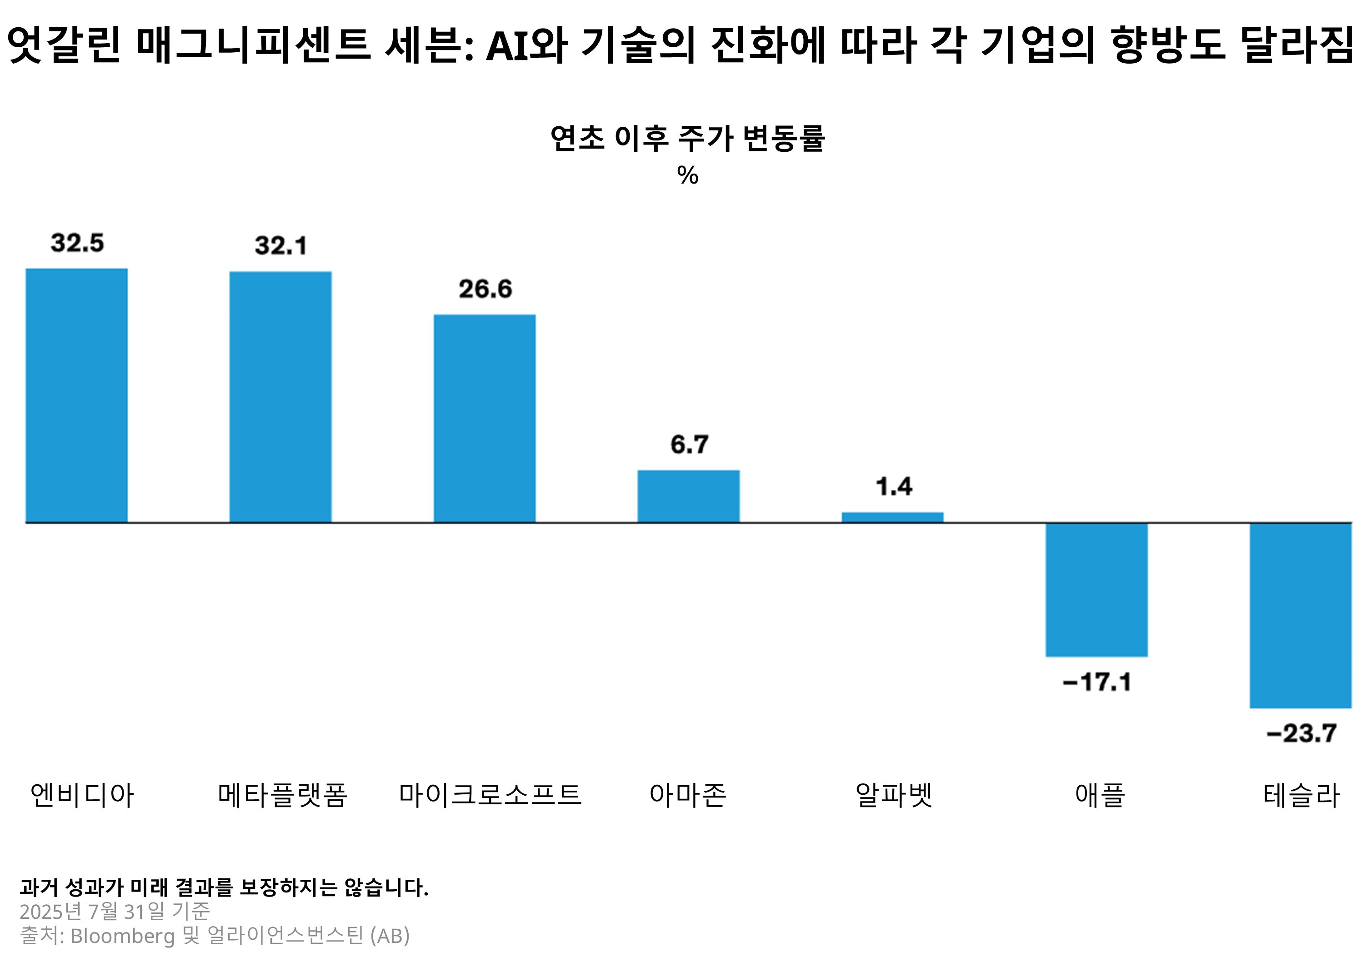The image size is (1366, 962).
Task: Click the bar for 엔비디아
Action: pyautogui.click(x=76, y=395)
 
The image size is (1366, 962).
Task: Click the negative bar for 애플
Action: pyautogui.click(x=1096, y=590)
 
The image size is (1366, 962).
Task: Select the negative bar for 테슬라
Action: pyautogui.click(x=1301, y=615)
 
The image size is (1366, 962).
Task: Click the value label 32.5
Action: pyautogui.click(x=77, y=243)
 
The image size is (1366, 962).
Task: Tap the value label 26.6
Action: pyautogui.click(x=485, y=289)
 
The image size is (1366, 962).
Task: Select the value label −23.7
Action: pyautogui.click(x=1301, y=733)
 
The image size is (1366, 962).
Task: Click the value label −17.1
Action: pyautogui.click(x=1096, y=682)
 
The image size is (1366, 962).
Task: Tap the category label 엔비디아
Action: pyautogui.click(x=82, y=795)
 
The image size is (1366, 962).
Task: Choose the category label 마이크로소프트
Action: pyautogui.click(x=490, y=795)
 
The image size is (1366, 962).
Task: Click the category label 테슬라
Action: pyautogui.click(x=1301, y=795)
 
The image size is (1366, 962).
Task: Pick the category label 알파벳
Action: pyautogui.click(x=894, y=795)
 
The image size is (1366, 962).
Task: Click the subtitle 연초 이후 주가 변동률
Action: pyautogui.click(x=687, y=139)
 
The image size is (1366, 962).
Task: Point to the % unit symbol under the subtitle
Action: pyautogui.click(x=687, y=175)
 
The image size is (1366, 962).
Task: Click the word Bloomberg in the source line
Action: pyautogui.click(x=123, y=936)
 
